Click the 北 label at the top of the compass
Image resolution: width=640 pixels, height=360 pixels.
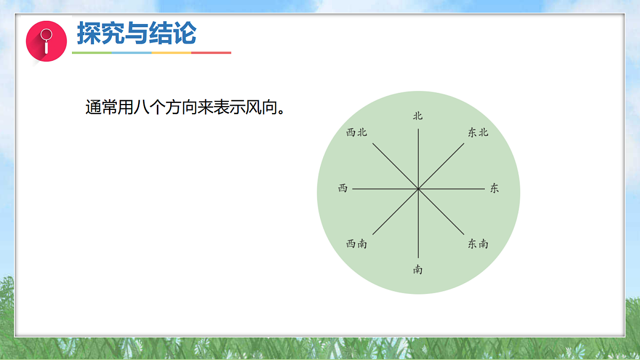pyautogui.click(x=418, y=116)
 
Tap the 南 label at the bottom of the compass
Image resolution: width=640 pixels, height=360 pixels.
pyautogui.click(x=418, y=269)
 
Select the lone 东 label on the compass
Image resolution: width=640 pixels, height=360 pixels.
pyautogui.click(x=494, y=188)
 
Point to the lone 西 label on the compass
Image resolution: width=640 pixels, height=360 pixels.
pyautogui.click(x=342, y=188)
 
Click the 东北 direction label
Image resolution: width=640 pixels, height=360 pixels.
pyautogui.click(x=478, y=133)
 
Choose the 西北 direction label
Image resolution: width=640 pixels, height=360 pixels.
pyautogui.click(x=356, y=133)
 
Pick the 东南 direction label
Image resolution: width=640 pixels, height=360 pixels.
pyautogui.click(x=478, y=244)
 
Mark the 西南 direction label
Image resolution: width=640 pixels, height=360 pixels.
pyautogui.click(x=356, y=244)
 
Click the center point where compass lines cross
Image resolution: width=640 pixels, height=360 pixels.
pyautogui.click(x=418, y=189)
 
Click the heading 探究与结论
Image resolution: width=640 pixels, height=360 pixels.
pyautogui.click(x=137, y=34)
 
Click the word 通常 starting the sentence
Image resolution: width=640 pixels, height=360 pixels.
pyautogui.click(x=101, y=108)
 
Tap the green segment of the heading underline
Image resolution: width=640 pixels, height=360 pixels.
pyautogui.click(x=92, y=53)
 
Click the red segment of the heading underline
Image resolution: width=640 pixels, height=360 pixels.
pyautogui.click(x=211, y=53)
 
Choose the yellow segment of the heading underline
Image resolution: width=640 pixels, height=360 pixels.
pyautogui.click(x=171, y=53)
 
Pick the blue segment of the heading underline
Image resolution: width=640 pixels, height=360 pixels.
pyautogui.click(x=132, y=53)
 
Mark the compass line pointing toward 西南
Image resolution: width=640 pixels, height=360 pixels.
pyautogui.click(x=395, y=212)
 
